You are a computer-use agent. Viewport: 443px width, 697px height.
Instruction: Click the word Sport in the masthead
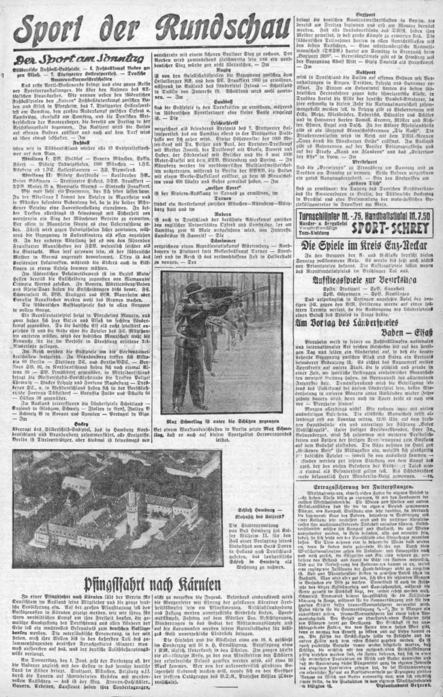[53, 31]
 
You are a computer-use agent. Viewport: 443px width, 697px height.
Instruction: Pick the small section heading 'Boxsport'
[366, 15]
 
